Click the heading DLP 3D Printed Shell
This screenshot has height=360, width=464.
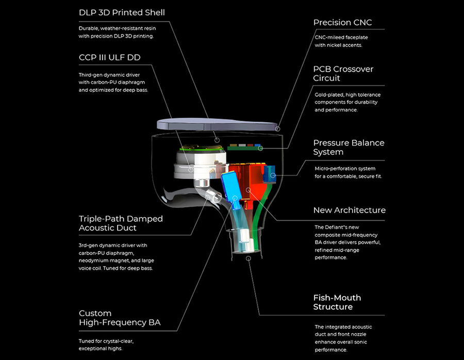(122, 12)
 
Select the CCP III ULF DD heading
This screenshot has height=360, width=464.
(109, 57)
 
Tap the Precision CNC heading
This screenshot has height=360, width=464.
(342, 23)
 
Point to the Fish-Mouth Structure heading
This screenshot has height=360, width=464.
(337, 302)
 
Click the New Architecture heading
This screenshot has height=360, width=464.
(349, 210)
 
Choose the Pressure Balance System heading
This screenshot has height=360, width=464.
(349, 147)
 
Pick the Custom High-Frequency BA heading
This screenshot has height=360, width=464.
(119, 318)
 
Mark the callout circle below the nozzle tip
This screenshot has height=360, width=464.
(248, 256)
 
